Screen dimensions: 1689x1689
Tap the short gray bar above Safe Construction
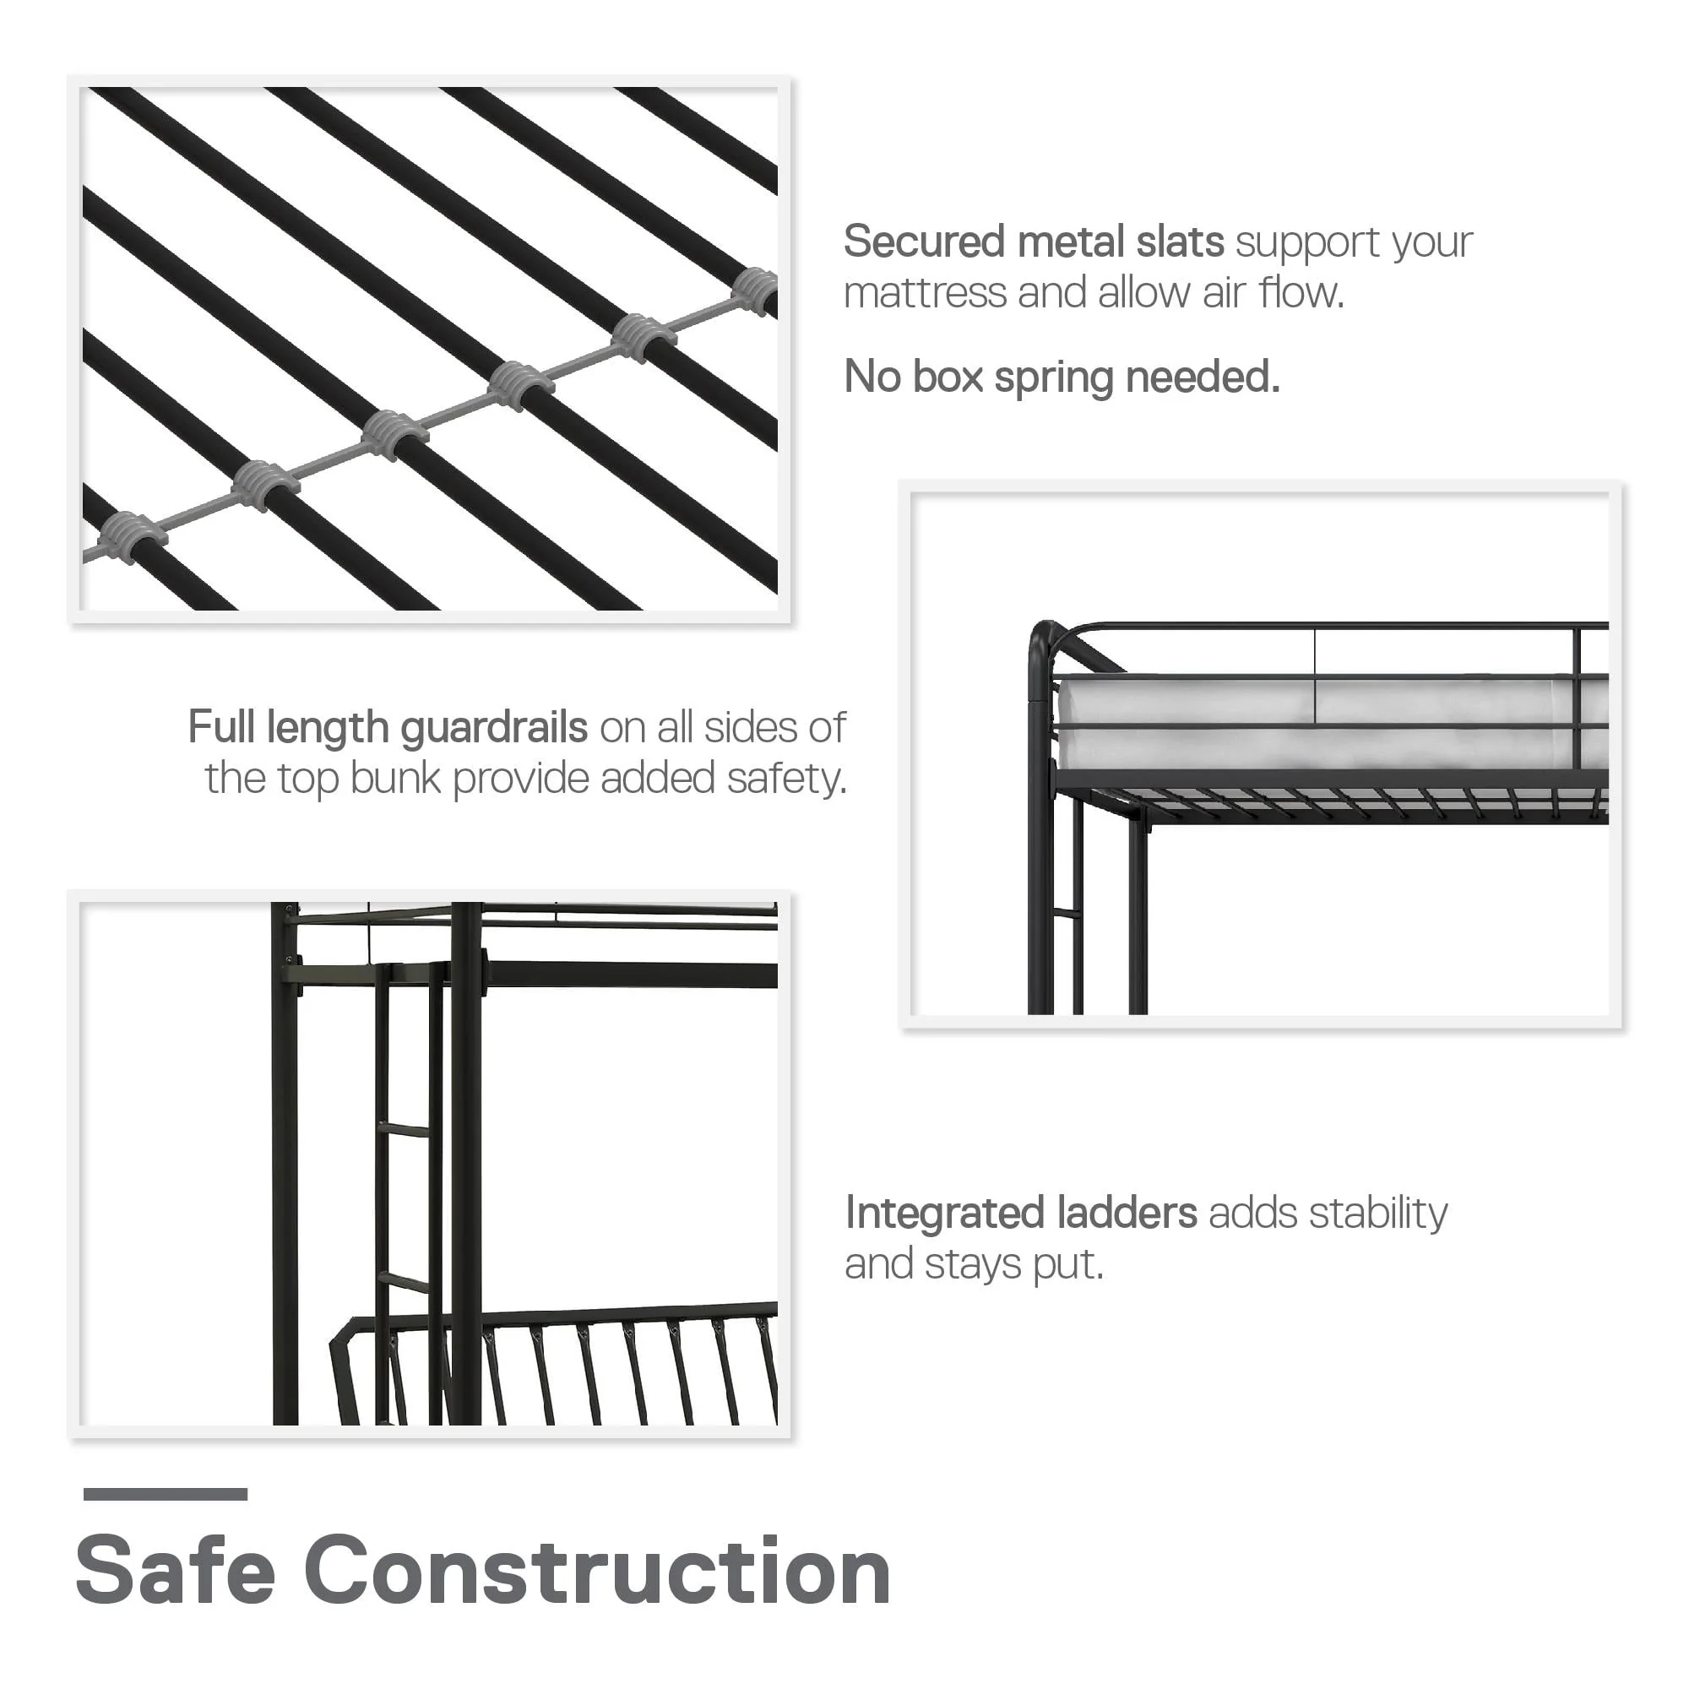click(166, 1494)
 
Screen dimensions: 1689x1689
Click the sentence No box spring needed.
click(1062, 377)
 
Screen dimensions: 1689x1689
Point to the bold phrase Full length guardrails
click(388, 727)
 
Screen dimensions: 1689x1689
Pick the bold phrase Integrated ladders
click(1020, 1214)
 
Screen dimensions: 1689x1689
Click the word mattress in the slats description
click(924, 293)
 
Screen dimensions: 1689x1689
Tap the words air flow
click(1273, 293)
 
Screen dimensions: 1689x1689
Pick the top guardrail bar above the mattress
click(1328, 626)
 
